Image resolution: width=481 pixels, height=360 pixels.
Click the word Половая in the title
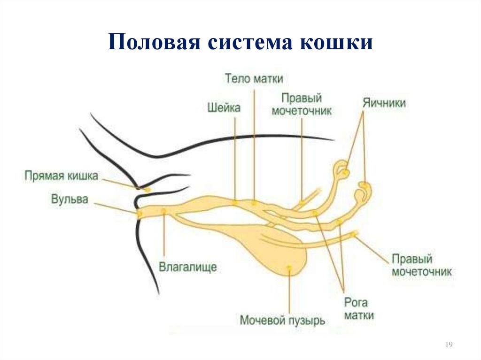[x=154, y=42]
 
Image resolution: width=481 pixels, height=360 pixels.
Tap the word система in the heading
[x=250, y=42]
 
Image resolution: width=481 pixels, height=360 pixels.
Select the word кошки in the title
[x=336, y=42]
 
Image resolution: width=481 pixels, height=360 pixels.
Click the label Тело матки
[x=254, y=78]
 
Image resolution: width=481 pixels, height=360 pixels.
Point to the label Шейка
[x=224, y=107]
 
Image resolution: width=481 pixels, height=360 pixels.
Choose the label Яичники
[x=384, y=103]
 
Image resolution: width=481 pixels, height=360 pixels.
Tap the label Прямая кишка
[x=61, y=176]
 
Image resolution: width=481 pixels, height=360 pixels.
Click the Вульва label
[x=70, y=199]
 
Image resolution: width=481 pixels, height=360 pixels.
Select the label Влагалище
[x=188, y=267]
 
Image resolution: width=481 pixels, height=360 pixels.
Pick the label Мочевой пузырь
[x=282, y=321]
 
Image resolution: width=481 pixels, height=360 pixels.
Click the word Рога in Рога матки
[x=356, y=303]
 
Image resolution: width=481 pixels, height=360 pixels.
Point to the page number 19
[x=449, y=345]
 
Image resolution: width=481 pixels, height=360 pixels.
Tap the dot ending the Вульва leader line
[x=140, y=213]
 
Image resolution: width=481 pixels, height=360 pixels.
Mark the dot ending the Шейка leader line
[x=235, y=202]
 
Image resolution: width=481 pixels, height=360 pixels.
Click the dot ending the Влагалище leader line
[x=164, y=211]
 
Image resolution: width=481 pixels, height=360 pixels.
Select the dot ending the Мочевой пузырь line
[x=289, y=268]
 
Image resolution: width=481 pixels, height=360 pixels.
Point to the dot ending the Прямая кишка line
[x=147, y=190]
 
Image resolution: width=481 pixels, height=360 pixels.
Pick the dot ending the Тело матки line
[x=254, y=202]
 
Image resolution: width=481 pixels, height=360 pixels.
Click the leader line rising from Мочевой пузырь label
[x=289, y=291]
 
